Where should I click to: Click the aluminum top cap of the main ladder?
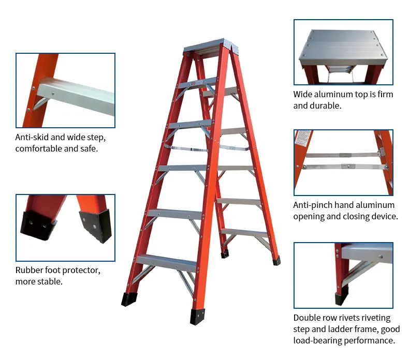[210, 45]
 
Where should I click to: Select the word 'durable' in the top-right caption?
[325, 106]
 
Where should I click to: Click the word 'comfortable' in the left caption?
[39, 148]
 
